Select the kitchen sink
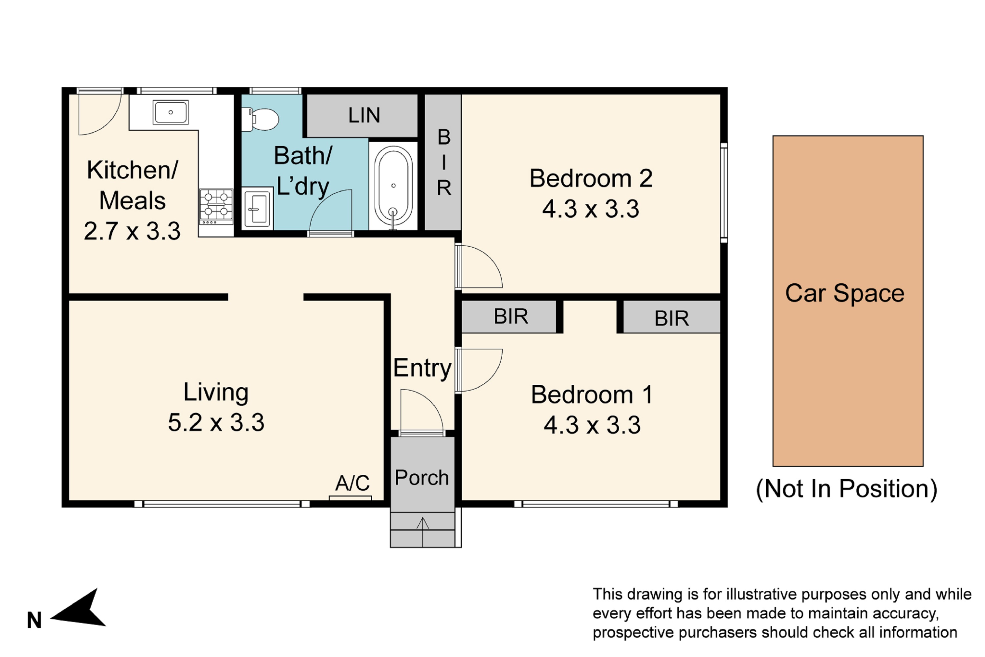[x=170, y=112]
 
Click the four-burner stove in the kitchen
[x=216, y=207]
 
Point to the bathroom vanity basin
[x=257, y=209]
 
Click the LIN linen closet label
[x=364, y=115]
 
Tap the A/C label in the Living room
[x=352, y=483]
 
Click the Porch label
[x=422, y=478]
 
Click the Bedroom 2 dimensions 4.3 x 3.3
[x=590, y=209]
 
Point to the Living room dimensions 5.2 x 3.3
[x=216, y=422]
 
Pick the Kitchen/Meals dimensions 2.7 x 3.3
[x=132, y=231]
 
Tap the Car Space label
[x=845, y=293]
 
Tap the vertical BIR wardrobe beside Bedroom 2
[x=444, y=162]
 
